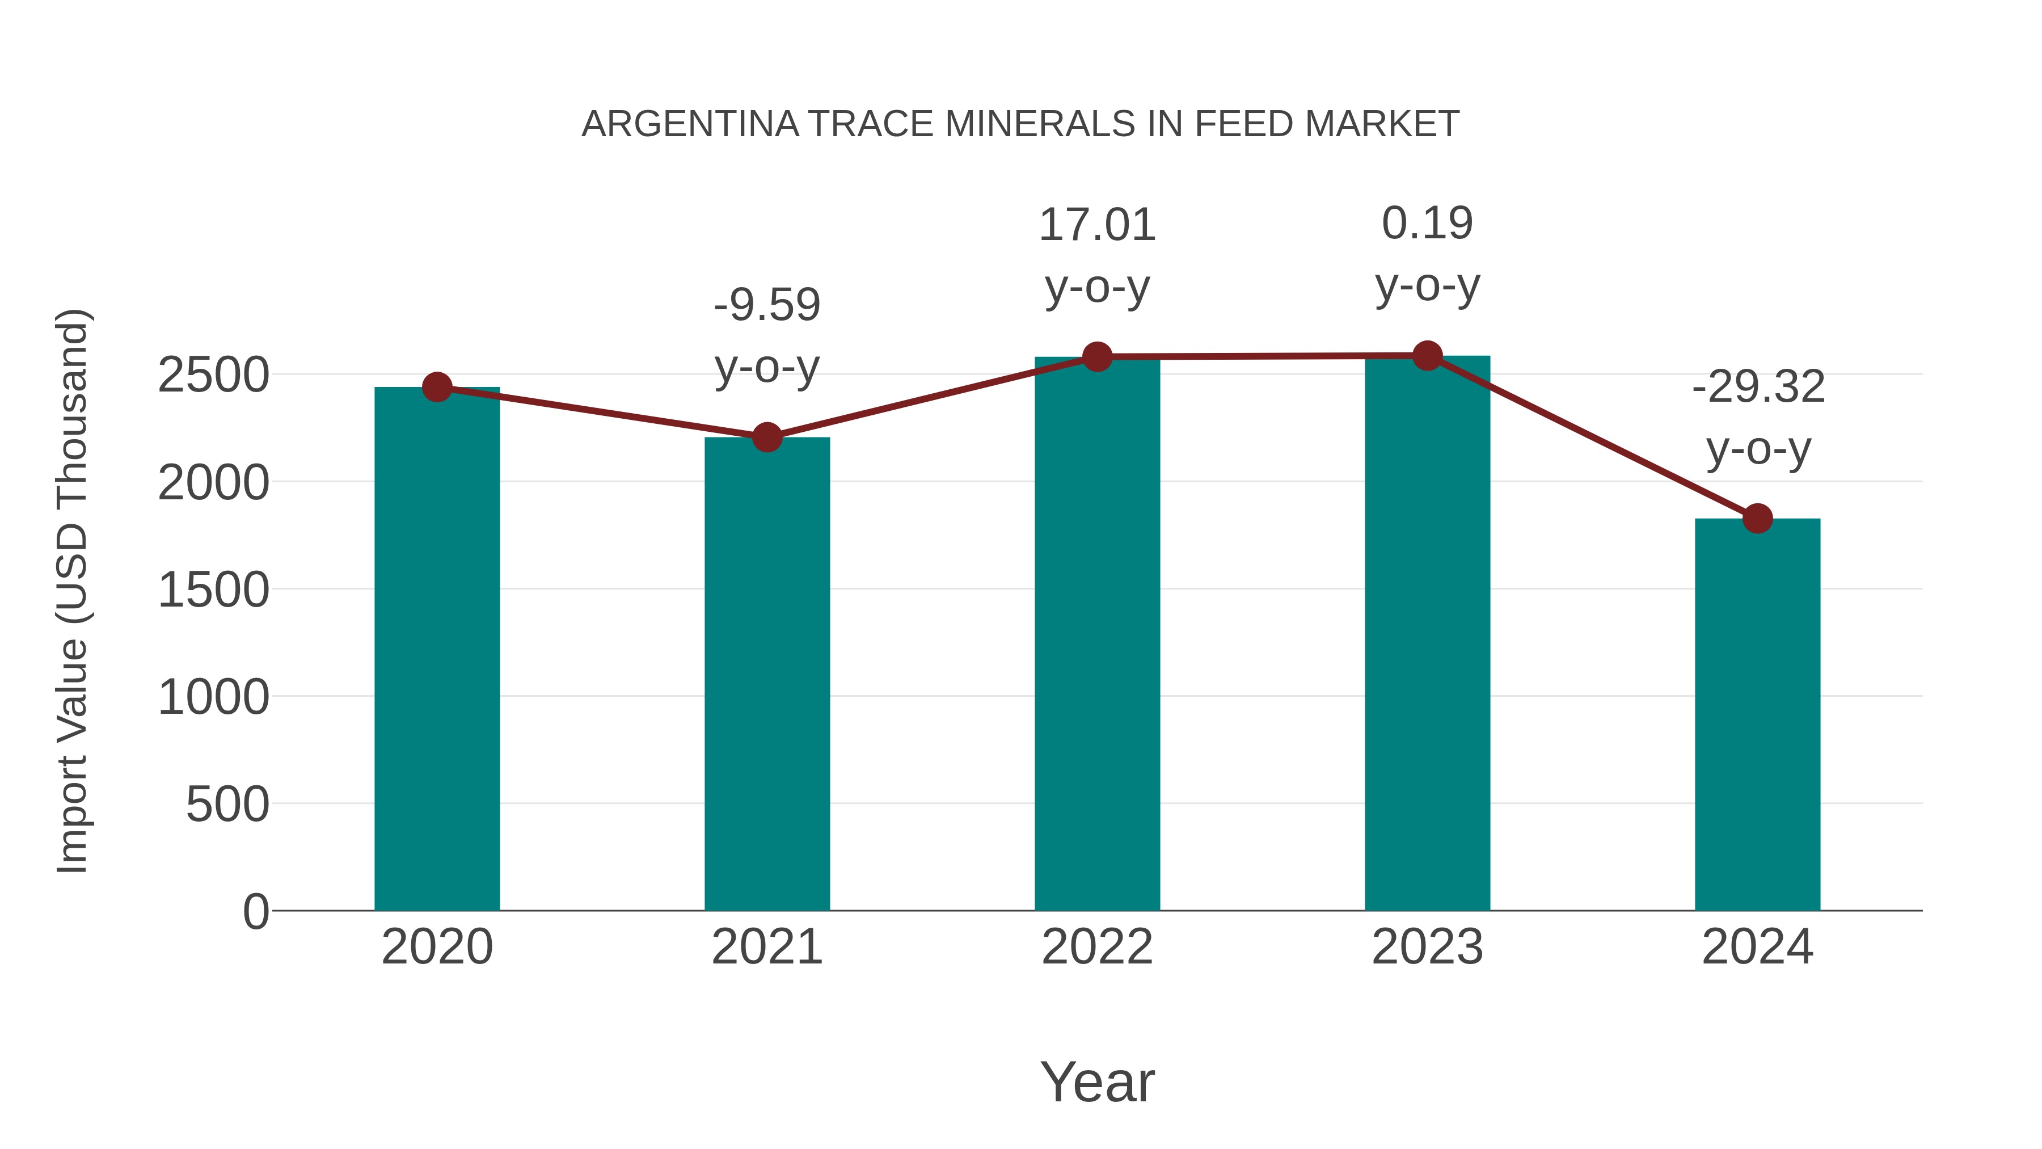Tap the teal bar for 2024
1757,714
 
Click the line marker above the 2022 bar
1097,357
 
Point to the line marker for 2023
1427,356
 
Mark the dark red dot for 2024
1757,519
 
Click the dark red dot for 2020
437,387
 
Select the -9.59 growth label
766,305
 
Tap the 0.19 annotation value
1427,223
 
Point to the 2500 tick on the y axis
213,375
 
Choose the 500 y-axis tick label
227,805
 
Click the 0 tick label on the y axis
255,912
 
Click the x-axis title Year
1097,1081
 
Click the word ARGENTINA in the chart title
690,124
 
